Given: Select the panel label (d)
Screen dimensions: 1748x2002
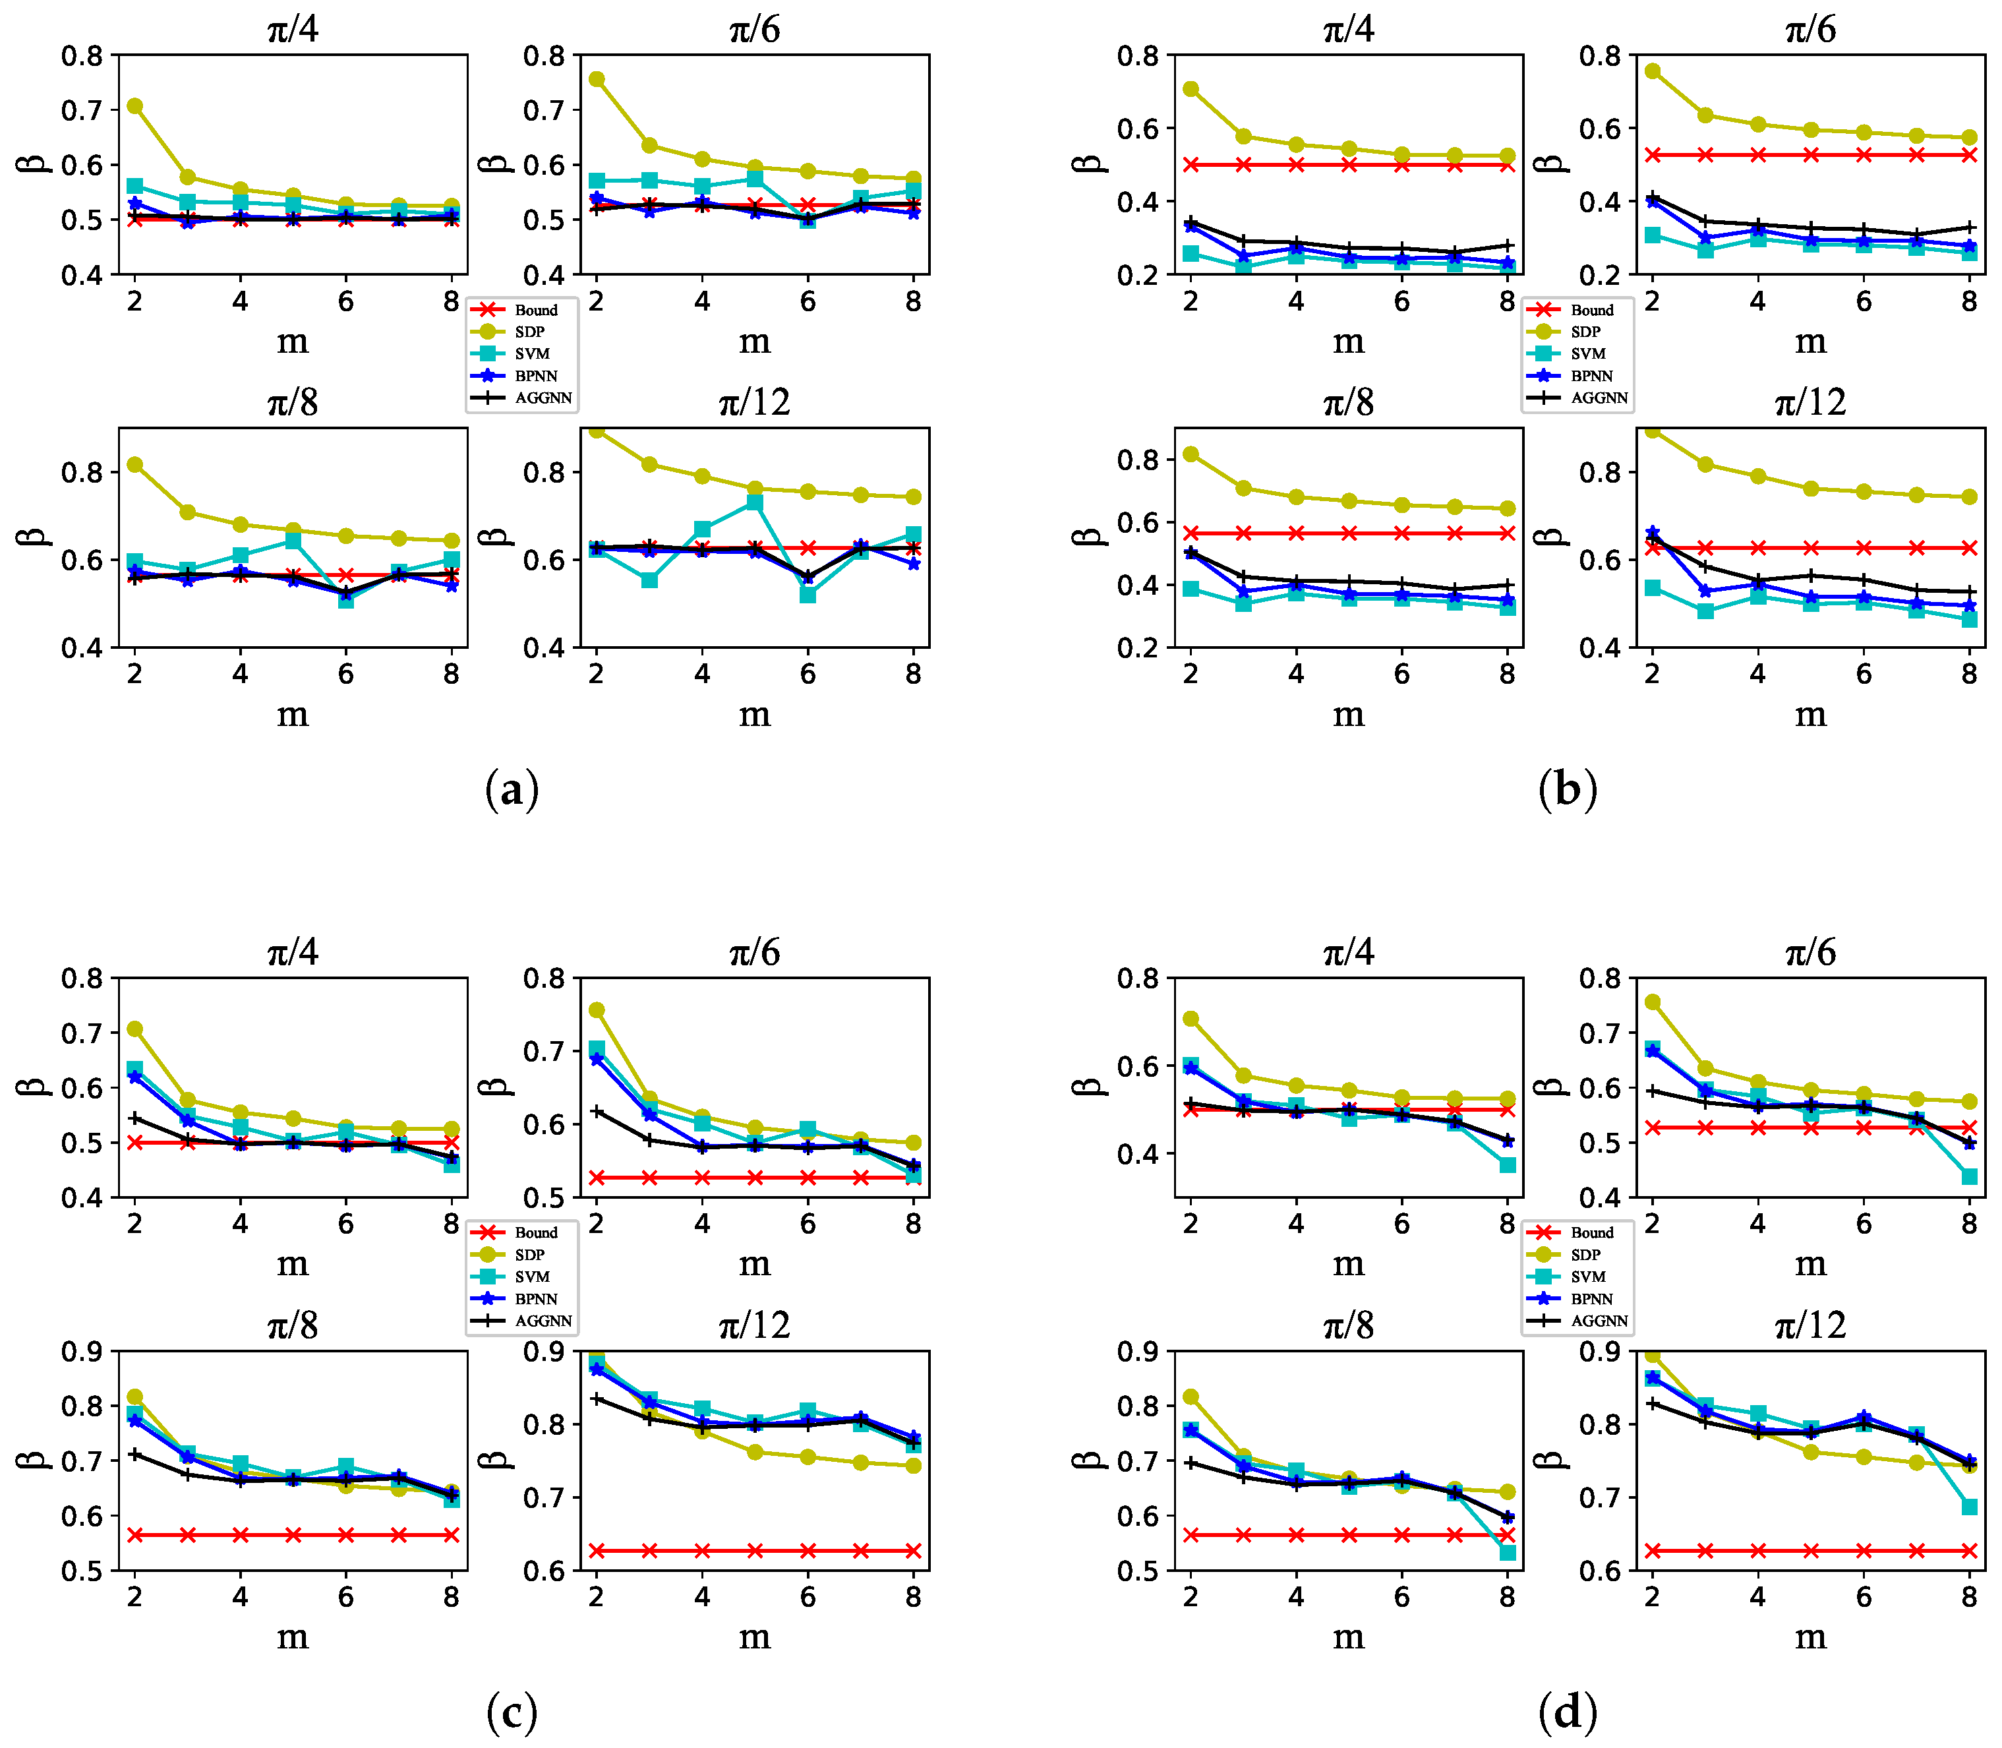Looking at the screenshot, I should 1567,1712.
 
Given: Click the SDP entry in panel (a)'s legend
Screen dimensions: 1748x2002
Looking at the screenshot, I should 529,332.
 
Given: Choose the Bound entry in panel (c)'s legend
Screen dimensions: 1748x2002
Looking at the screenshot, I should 535,1233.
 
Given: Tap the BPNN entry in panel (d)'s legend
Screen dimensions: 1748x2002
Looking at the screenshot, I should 1591,1299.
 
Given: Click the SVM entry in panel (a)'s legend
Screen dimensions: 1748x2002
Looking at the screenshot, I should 531,354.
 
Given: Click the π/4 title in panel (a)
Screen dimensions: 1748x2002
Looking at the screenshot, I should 293,29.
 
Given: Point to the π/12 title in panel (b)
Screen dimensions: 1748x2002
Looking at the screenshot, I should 1810,402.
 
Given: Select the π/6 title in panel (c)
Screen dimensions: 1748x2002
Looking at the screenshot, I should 755,952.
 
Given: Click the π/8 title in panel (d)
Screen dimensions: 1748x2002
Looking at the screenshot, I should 1349,1325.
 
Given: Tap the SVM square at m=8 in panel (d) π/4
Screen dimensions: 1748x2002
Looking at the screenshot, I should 1508,1164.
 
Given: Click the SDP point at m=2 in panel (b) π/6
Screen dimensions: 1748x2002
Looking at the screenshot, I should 1653,71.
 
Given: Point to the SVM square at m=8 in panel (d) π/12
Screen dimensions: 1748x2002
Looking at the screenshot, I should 1969,1507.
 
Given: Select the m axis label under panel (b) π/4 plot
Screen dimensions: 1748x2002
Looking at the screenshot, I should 1349,342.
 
